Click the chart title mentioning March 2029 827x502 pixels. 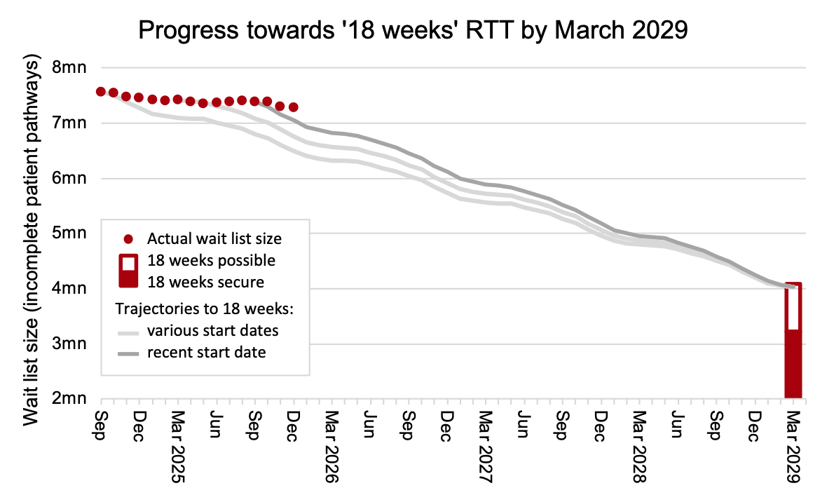[x=413, y=30]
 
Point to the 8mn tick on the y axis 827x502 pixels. [x=69, y=68]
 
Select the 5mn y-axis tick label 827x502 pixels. [x=69, y=233]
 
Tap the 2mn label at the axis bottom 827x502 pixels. [x=69, y=399]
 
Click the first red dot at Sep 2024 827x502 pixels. [x=101, y=92]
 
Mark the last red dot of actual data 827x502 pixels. [x=294, y=107]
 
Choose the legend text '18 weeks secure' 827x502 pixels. [x=206, y=282]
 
